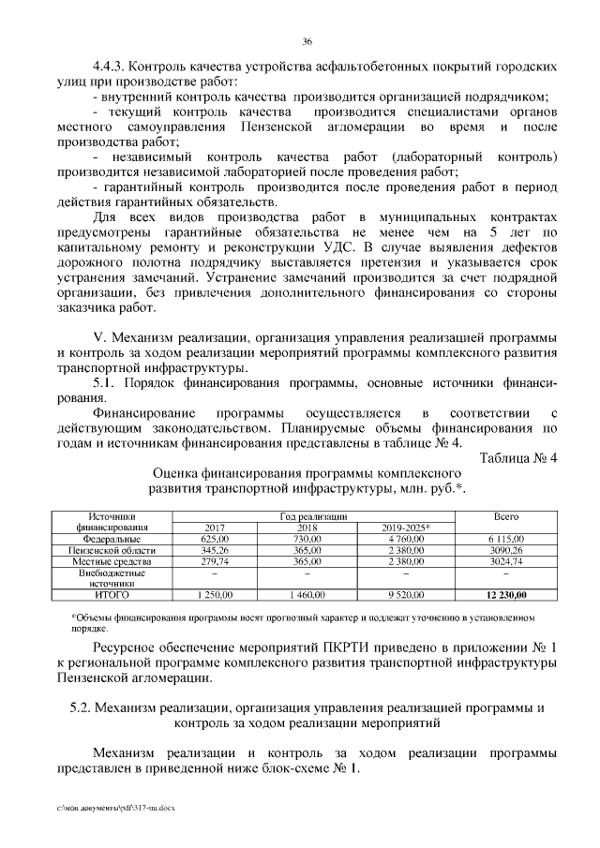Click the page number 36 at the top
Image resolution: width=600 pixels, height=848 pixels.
point(307,42)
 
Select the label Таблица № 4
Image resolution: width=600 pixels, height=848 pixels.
point(518,457)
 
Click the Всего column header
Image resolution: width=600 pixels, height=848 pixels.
point(507,517)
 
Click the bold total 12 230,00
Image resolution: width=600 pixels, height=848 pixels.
point(507,594)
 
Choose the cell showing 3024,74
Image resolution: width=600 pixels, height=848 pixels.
point(507,560)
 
